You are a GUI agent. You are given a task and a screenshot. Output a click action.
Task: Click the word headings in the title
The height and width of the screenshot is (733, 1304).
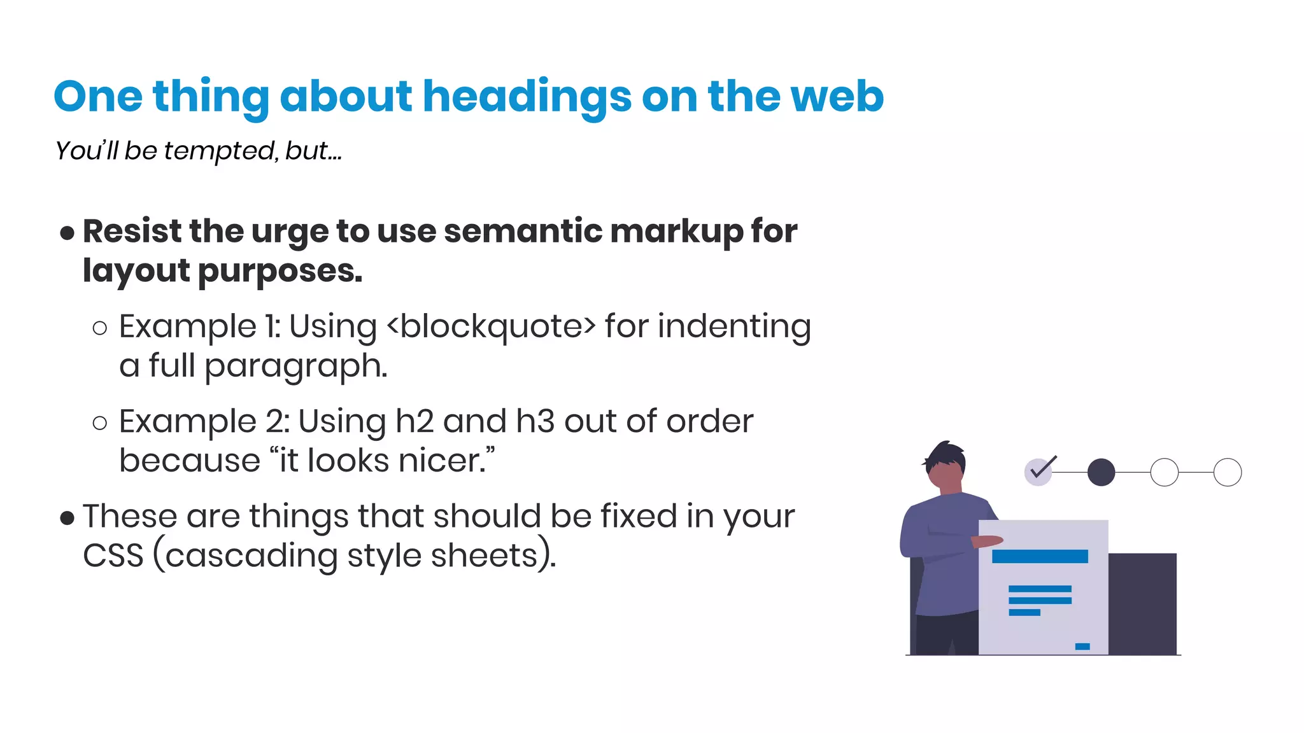coord(527,97)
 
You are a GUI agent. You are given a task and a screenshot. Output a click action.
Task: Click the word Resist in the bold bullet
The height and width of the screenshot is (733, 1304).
coord(132,231)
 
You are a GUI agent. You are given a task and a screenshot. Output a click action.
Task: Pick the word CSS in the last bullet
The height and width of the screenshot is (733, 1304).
coord(113,556)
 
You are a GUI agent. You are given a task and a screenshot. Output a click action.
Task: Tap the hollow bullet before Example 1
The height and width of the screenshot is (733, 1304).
coord(100,328)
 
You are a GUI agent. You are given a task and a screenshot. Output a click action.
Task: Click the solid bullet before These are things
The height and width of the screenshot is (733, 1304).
coord(67,518)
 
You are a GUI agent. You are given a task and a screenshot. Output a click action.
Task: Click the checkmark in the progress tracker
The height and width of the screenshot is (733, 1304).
coord(1042,470)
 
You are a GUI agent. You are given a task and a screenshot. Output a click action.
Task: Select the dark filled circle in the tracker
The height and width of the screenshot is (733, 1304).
coord(1101,472)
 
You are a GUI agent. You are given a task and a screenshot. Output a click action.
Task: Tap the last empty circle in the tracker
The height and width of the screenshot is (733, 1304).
coord(1227,472)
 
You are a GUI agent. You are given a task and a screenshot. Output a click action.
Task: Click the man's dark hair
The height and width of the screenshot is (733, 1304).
coord(947,454)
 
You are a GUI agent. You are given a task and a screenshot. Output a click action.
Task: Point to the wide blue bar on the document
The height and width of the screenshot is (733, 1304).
coord(1040,557)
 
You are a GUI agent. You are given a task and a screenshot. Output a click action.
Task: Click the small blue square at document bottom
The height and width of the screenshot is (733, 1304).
coord(1082,646)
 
